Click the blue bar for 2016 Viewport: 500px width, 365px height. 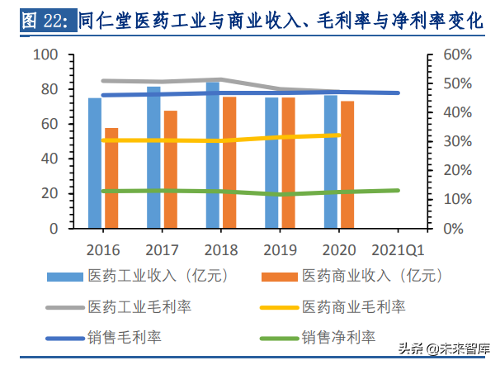pos(95,163)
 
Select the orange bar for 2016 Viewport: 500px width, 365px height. pos(111,178)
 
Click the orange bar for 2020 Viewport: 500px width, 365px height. pos(347,164)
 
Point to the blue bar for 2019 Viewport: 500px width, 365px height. pos(271,163)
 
